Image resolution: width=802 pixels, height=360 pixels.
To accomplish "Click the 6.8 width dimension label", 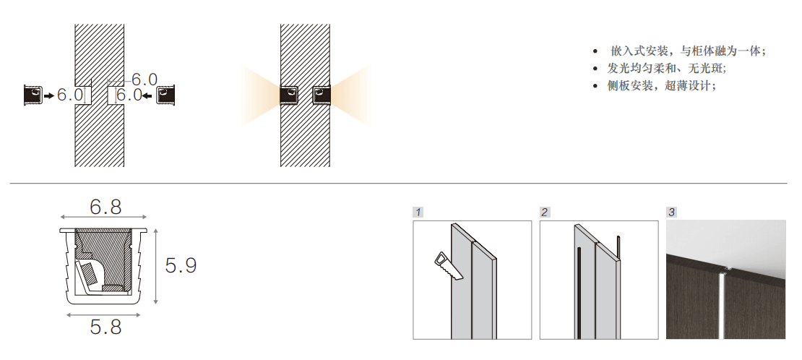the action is click(x=106, y=207).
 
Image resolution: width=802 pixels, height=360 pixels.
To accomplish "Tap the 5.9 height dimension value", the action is click(x=181, y=265).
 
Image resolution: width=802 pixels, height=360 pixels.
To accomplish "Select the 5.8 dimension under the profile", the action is click(x=106, y=327).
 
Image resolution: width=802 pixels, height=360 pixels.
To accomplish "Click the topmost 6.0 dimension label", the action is click(x=145, y=80).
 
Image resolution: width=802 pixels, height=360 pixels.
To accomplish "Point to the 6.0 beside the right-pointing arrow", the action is click(x=69, y=95).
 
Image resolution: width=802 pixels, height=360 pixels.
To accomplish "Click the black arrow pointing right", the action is click(x=48, y=95).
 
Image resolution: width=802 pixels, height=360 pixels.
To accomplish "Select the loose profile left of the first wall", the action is click(x=33, y=95).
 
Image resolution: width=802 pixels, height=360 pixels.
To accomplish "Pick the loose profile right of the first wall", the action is click(x=165, y=95).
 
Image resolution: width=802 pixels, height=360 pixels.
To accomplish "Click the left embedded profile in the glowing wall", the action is click(x=289, y=95).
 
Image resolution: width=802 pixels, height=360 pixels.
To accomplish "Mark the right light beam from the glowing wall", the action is click(x=350, y=95).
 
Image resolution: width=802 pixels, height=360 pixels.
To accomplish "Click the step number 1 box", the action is click(x=418, y=212).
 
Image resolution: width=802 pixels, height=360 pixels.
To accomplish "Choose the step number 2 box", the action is click(x=545, y=212).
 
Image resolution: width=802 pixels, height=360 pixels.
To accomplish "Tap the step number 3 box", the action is click(x=671, y=212).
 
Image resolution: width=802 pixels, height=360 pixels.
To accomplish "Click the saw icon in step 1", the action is click(x=449, y=266).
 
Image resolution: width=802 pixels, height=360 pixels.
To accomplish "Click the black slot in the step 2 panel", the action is click(x=579, y=292).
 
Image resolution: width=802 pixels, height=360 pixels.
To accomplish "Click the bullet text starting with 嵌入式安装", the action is click(x=687, y=51).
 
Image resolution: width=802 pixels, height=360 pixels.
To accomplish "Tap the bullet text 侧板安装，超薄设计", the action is click(x=662, y=85).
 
